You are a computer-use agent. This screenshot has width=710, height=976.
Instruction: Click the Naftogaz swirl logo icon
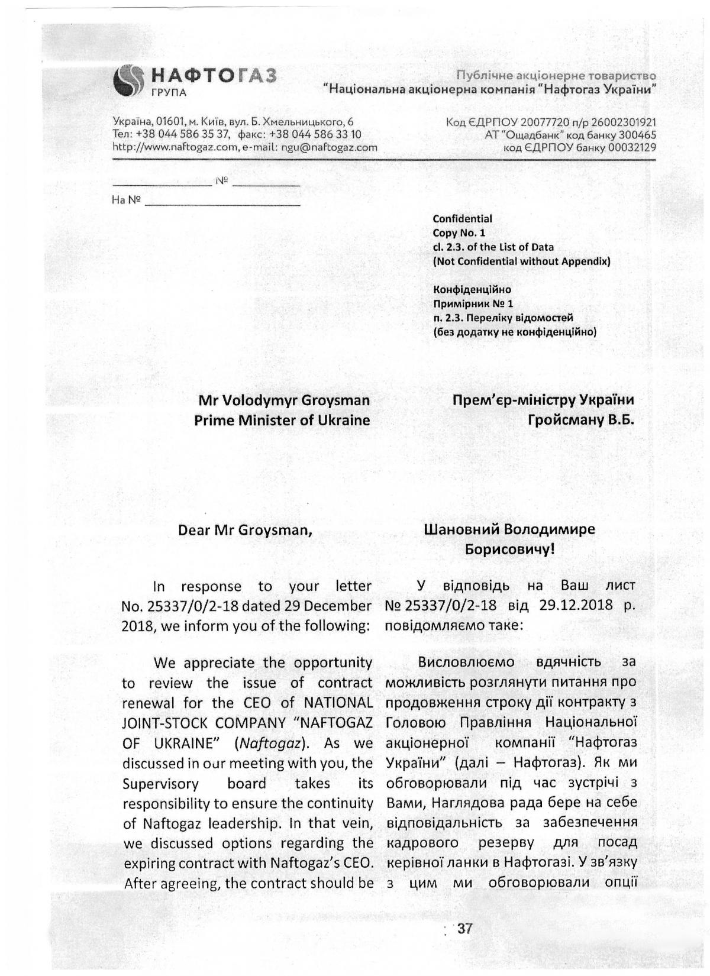(128, 80)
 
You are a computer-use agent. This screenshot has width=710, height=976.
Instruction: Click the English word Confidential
(462, 219)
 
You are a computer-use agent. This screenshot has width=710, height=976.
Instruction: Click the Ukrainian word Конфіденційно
(472, 290)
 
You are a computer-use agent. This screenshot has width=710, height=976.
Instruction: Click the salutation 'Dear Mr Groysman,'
(245, 530)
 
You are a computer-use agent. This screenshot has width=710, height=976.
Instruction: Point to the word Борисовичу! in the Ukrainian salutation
(509, 550)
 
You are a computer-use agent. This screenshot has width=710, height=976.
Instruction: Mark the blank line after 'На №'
(222, 201)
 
